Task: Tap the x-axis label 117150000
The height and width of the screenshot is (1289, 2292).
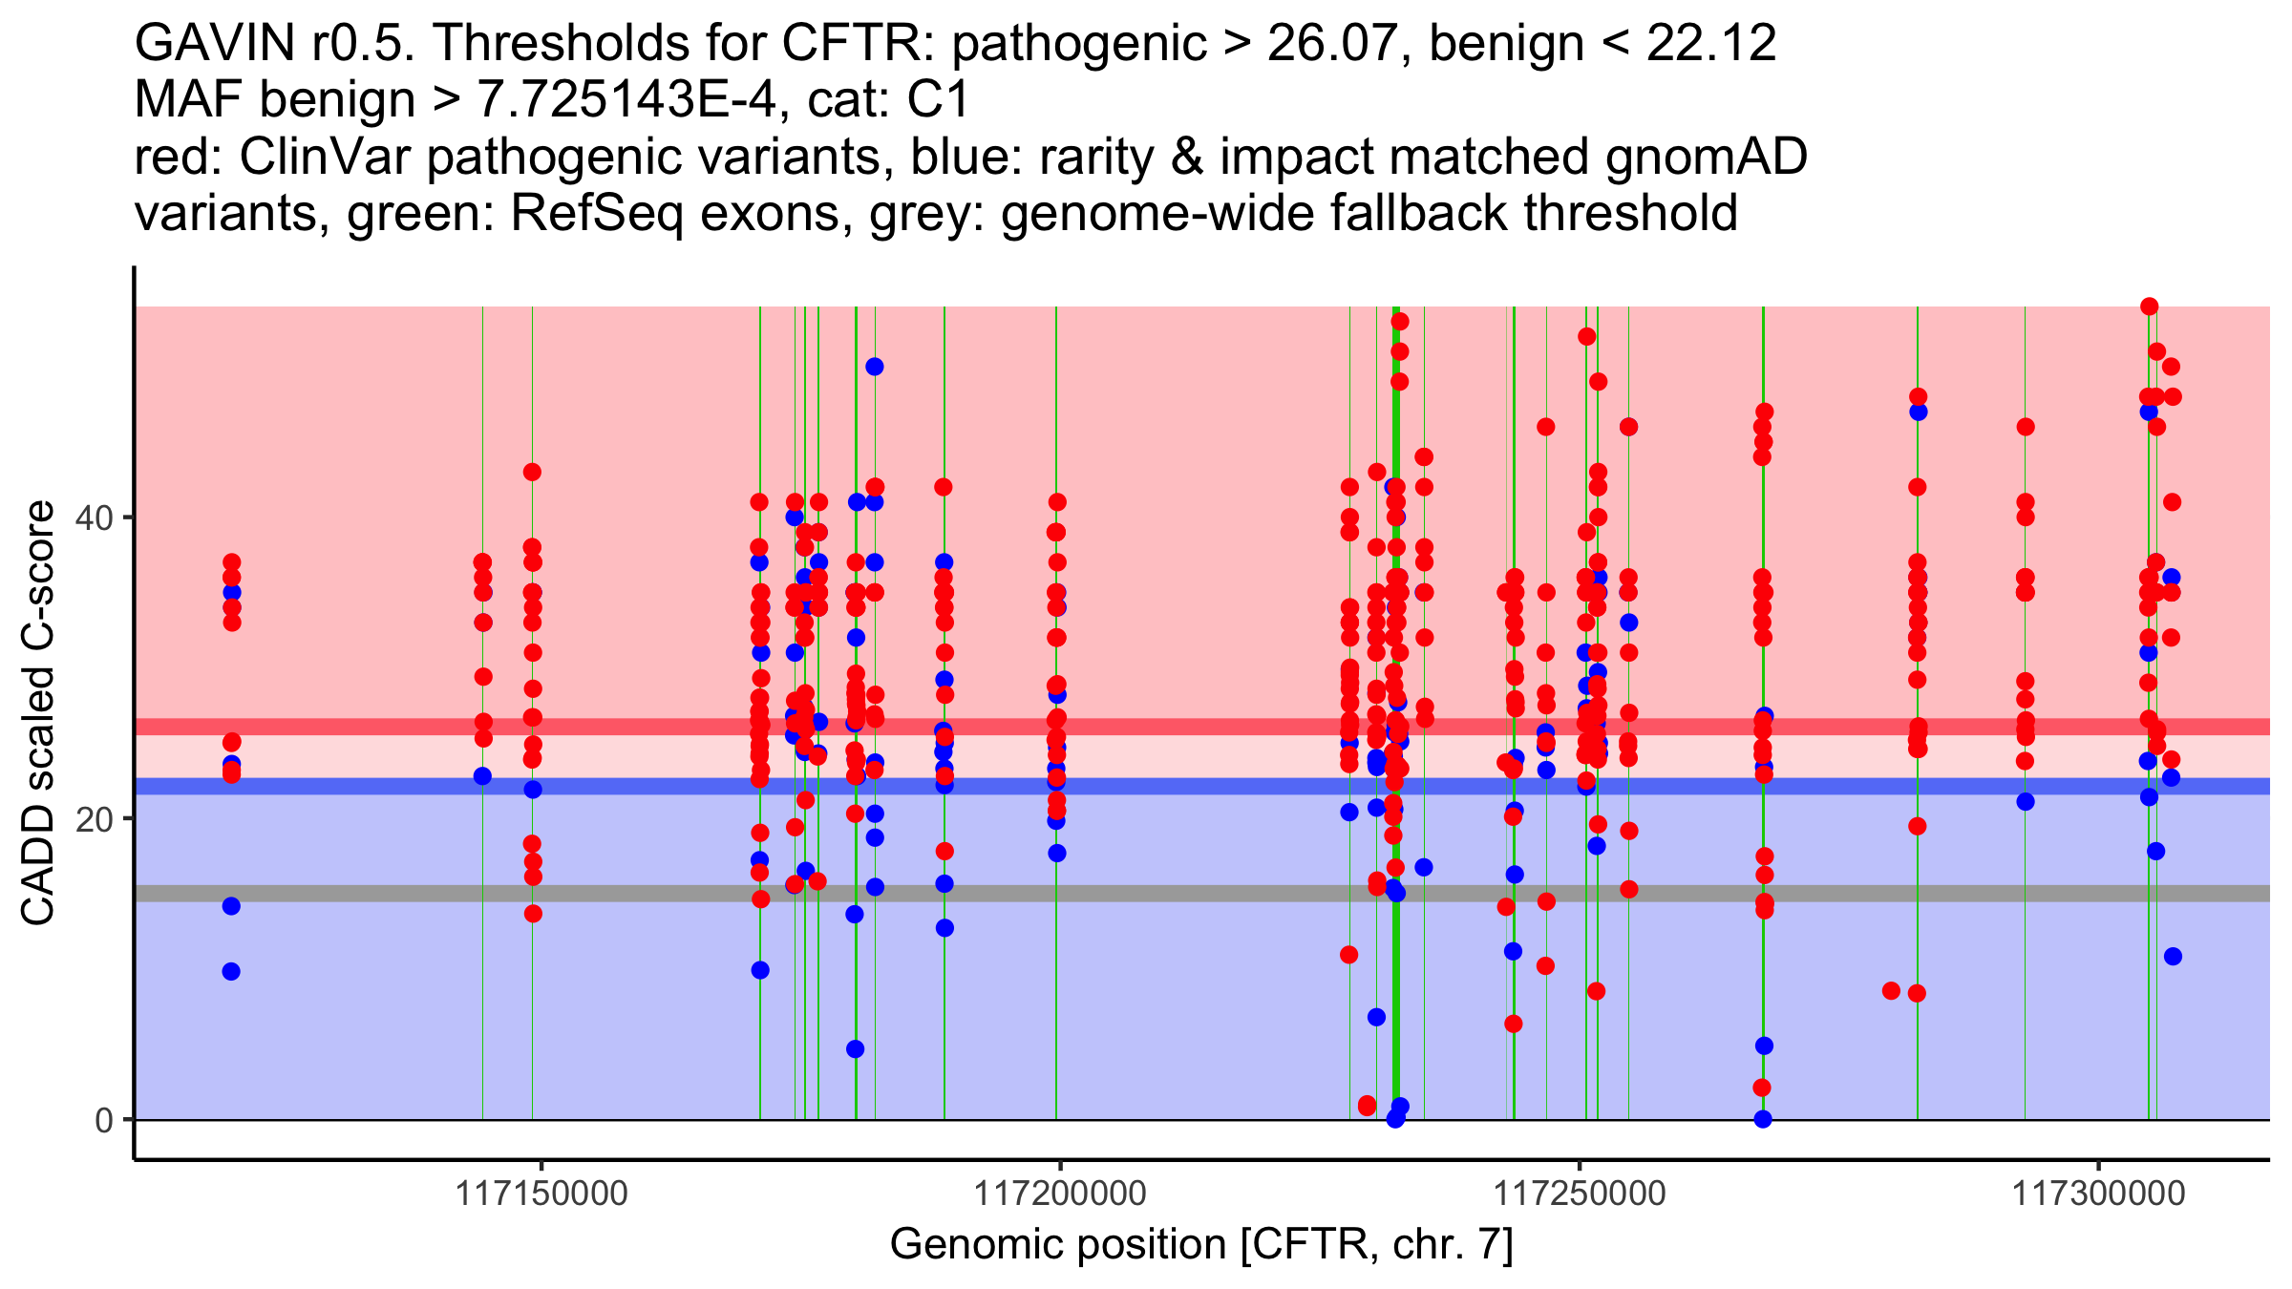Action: (541, 1194)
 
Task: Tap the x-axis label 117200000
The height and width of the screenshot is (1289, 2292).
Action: (1060, 1194)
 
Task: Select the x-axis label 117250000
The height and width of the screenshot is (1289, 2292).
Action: (1579, 1194)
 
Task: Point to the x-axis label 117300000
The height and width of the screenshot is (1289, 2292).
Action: (2098, 1194)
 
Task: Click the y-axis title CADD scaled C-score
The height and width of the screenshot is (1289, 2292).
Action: (38, 713)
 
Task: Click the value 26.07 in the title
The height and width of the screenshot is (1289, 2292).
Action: (1338, 44)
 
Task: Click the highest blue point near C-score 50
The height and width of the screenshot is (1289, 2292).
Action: (874, 367)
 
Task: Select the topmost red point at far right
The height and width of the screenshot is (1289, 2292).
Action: (2150, 306)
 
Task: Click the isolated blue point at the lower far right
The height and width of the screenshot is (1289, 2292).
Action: (2173, 957)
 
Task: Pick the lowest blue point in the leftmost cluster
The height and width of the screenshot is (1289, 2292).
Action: (231, 971)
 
